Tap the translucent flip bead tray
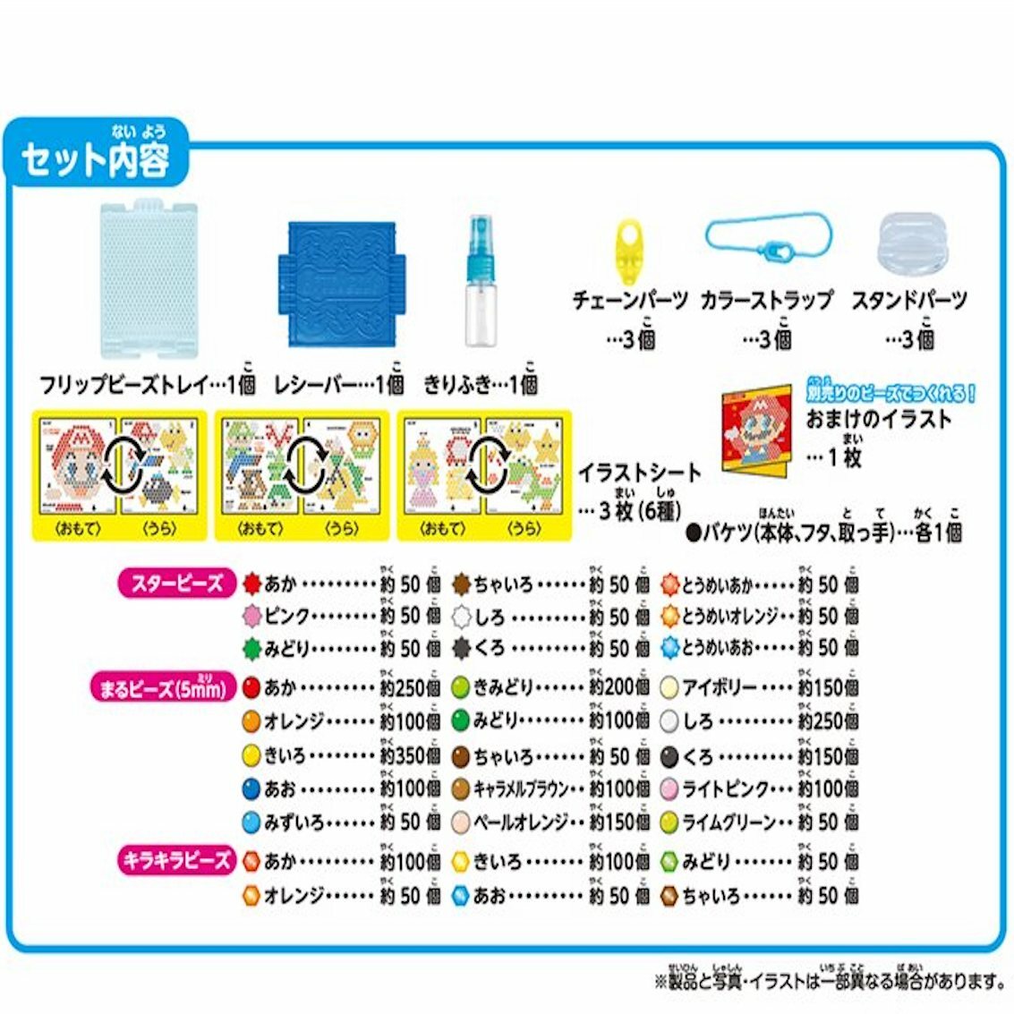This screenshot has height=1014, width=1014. click(x=149, y=278)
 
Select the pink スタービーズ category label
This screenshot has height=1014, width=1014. click(x=176, y=584)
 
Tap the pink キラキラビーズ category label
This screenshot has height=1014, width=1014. click(x=175, y=861)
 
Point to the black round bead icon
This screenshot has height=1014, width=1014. click(x=670, y=757)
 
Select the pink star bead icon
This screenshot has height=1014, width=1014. click(x=251, y=616)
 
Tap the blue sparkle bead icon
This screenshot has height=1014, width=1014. click(x=461, y=894)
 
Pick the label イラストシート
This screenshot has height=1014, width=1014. click(x=638, y=473)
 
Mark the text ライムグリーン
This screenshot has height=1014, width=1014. click(x=729, y=822)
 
